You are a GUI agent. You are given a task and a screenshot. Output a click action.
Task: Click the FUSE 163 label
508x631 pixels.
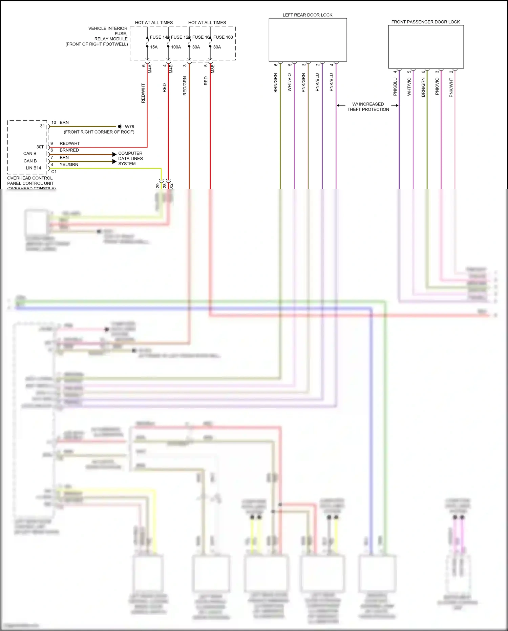pyautogui.click(x=223, y=37)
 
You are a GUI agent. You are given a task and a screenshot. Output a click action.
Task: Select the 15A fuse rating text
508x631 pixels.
pyautogui.click(x=154, y=47)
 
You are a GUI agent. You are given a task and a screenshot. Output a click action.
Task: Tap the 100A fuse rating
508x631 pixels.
pyautogui.click(x=176, y=47)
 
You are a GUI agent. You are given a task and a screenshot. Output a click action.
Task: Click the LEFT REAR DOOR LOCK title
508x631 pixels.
pyautogui.click(x=308, y=15)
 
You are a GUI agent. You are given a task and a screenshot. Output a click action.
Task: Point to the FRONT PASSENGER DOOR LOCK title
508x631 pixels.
pyautogui.click(x=425, y=22)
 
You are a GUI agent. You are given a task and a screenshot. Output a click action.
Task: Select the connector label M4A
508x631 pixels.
pyautogui.click(x=150, y=69)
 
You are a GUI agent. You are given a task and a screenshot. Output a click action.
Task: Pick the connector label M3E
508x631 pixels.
pyautogui.click(x=213, y=69)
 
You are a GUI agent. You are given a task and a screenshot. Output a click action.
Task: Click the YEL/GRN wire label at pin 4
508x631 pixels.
pyautogui.click(x=69, y=164)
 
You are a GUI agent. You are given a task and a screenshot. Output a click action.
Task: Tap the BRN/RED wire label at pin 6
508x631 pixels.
pyautogui.click(x=69, y=150)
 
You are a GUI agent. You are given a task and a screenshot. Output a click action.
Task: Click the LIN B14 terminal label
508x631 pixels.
pyautogui.click(x=33, y=168)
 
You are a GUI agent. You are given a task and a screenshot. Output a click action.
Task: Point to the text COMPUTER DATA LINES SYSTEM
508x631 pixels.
pyautogui.click(x=130, y=158)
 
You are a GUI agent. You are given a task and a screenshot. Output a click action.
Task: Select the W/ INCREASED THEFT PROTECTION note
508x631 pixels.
pyautogui.click(x=368, y=107)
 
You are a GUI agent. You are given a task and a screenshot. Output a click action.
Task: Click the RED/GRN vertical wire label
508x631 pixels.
pyautogui.click(x=185, y=86)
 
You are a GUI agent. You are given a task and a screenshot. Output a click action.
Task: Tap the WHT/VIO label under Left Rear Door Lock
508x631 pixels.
pyautogui.click(x=290, y=82)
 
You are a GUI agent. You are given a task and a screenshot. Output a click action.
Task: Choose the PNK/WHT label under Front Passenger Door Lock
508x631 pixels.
pyautogui.click(x=451, y=87)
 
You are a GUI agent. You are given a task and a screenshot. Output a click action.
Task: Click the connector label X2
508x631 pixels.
pyautogui.click(x=171, y=186)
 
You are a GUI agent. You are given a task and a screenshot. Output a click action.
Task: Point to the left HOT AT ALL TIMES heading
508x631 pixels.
pyautogui.click(x=154, y=23)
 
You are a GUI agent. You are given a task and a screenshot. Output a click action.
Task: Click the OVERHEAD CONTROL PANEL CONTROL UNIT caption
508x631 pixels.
pyautogui.click(x=30, y=181)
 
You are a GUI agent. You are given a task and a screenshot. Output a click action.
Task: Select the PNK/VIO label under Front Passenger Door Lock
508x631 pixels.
pyautogui.click(x=437, y=86)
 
